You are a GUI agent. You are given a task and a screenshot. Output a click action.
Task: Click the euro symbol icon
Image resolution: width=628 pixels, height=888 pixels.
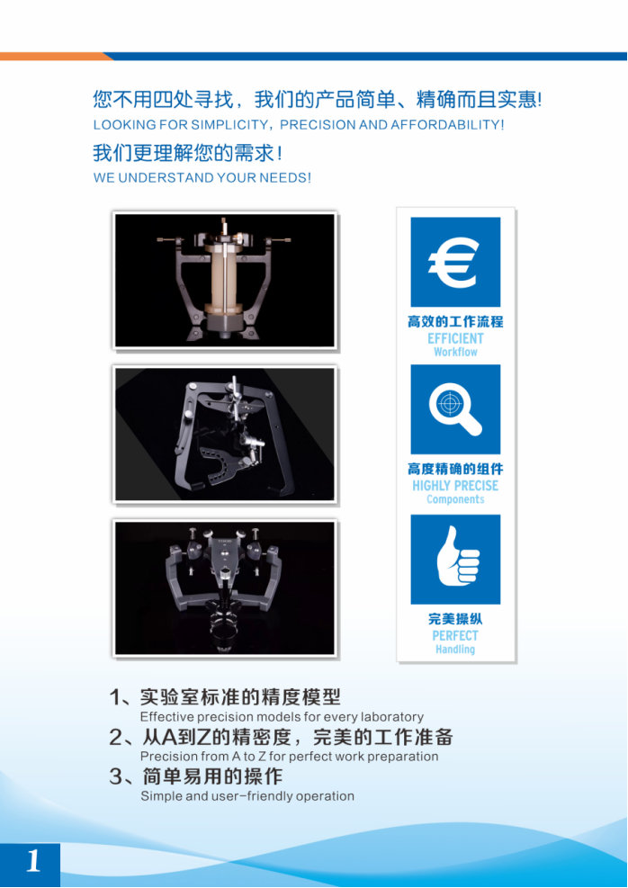[454, 262]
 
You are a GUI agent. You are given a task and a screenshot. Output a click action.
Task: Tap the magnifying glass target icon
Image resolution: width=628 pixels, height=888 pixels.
[455, 409]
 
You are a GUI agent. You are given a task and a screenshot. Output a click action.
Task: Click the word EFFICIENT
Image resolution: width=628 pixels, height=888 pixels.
[455, 338]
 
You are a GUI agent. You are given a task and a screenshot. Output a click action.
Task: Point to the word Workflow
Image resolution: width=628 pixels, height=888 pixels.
[455, 352]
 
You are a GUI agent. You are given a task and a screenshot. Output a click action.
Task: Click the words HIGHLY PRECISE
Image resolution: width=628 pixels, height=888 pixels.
[455, 486]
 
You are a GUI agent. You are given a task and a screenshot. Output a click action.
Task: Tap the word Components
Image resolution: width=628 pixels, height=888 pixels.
[455, 499]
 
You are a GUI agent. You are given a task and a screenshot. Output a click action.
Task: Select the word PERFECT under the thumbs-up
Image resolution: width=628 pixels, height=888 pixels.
[455, 636]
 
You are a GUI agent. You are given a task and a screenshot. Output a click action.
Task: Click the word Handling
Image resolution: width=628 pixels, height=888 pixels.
[455, 650]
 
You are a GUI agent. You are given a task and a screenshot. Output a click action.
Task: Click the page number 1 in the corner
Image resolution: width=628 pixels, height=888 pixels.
[33, 861]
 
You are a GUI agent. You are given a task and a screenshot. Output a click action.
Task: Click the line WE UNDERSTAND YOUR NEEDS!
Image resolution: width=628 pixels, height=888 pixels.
[202, 178]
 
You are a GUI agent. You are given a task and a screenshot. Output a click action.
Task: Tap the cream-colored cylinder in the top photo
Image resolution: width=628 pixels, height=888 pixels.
[224, 274]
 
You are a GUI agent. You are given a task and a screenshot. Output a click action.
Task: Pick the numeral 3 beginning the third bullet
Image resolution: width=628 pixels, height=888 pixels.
[115, 776]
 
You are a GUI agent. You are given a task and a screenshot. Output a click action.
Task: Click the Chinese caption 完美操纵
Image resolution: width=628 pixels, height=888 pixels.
[455, 619]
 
